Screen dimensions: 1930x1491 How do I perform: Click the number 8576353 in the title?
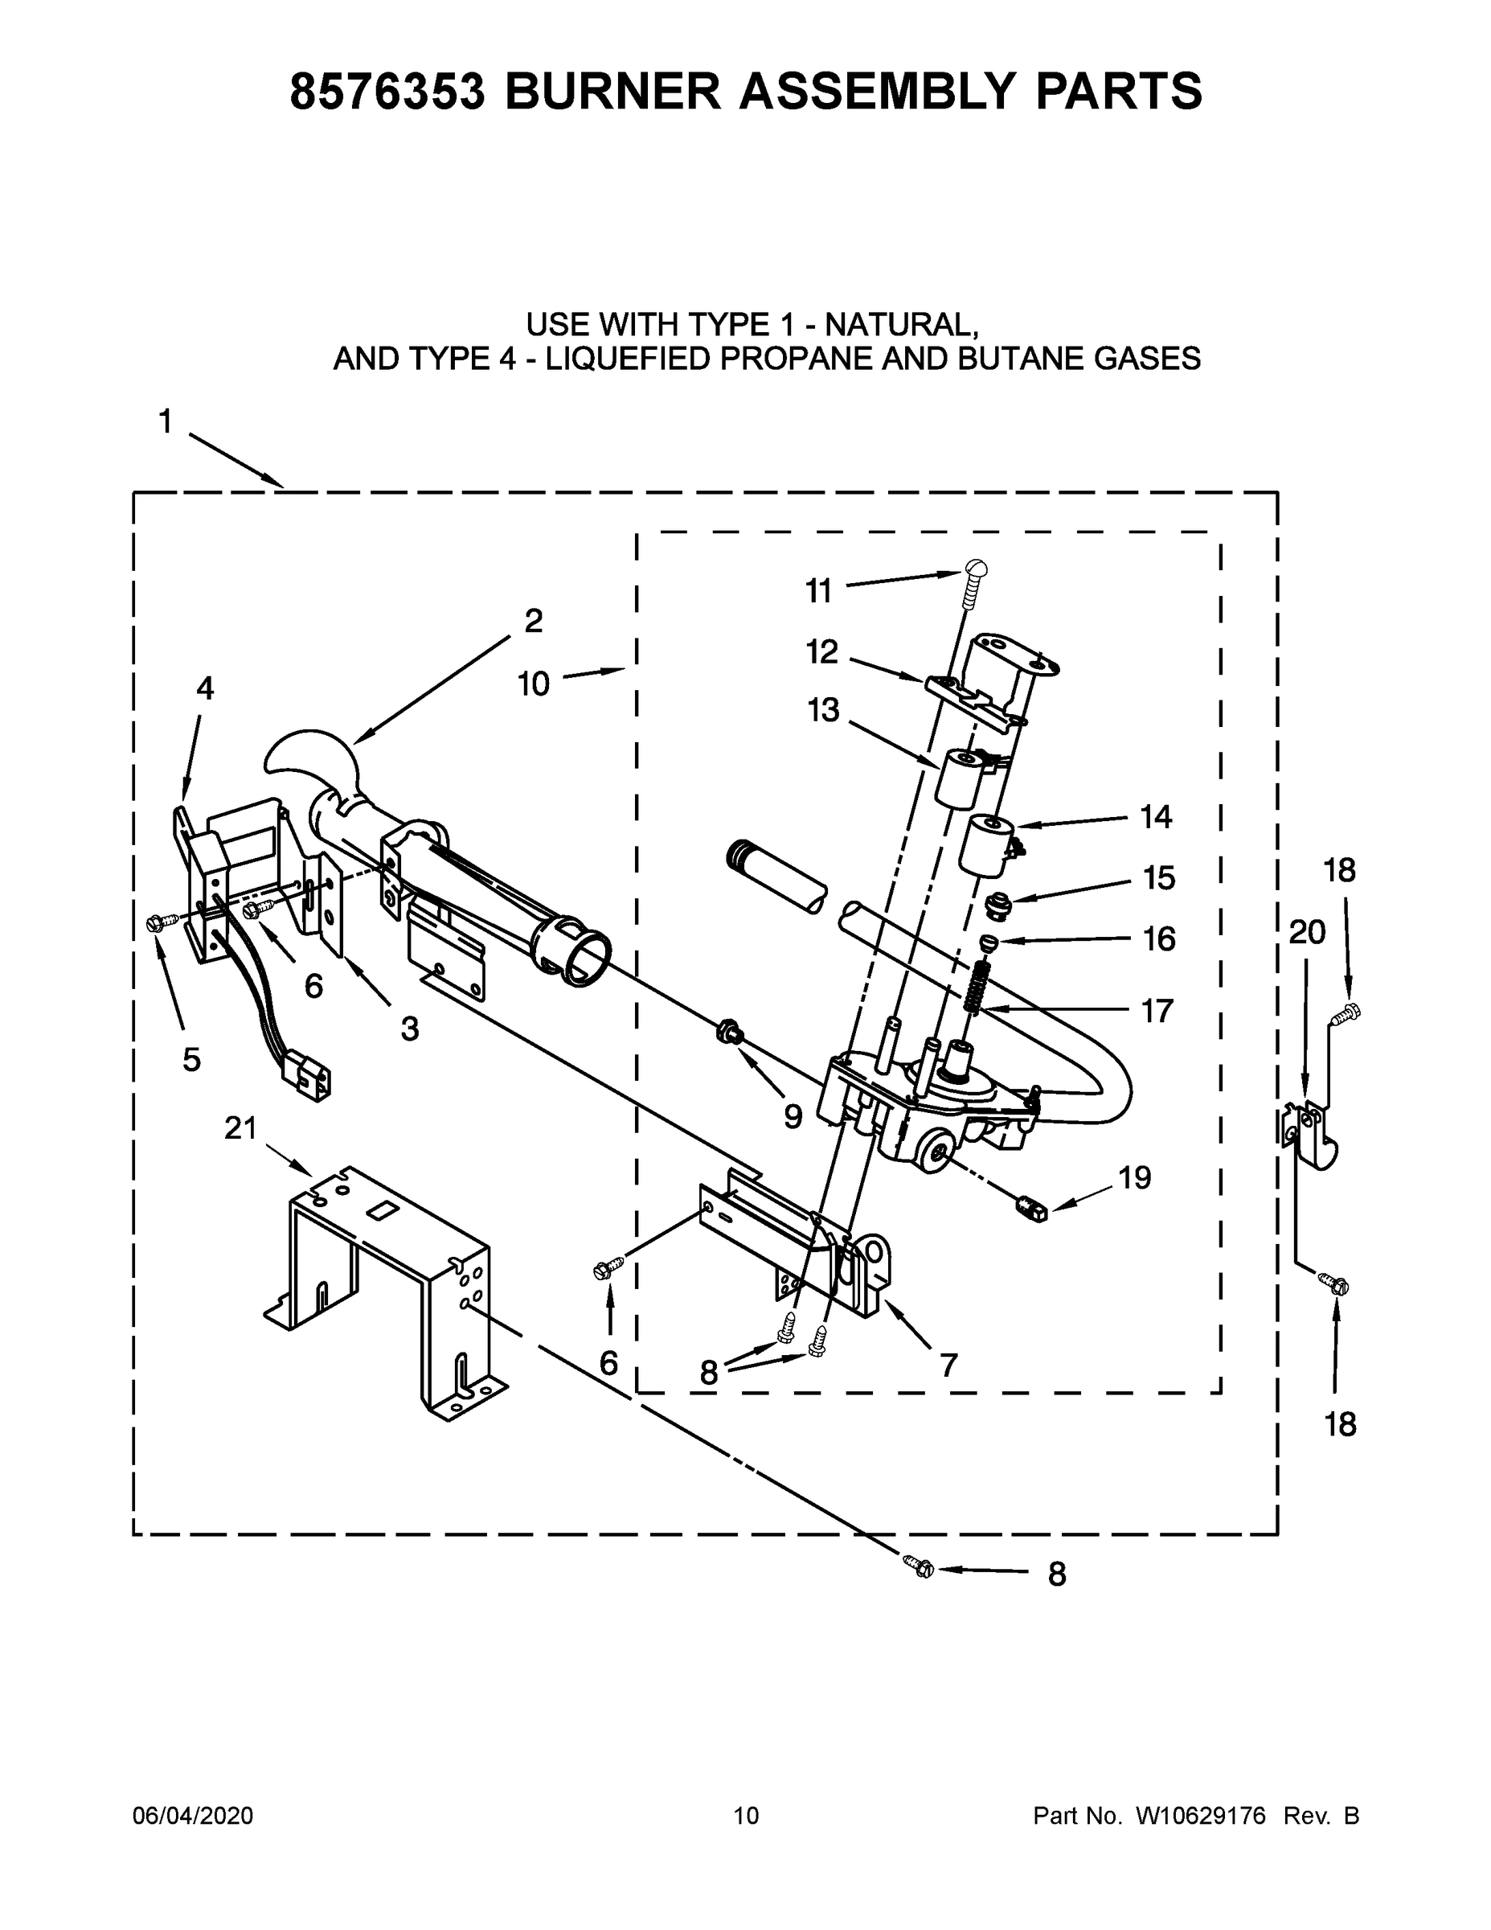[x=387, y=91]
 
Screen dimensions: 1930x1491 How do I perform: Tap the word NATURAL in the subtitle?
[x=900, y=324]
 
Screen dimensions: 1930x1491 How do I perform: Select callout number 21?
[x=240, y=1128]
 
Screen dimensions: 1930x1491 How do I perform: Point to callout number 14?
[x=1155, y=816]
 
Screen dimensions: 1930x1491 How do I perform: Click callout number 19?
[x=1135, y=1177]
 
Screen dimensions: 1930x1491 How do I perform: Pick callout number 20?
[x=1306, y=932]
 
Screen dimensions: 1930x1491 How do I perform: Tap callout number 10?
[x=534, y=683]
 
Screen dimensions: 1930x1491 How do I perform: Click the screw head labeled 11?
[x=975, y=569]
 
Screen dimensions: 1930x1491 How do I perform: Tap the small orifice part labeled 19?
[x=1030, y=1206]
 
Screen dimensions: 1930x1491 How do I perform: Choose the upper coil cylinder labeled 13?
[x=958, y=778]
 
